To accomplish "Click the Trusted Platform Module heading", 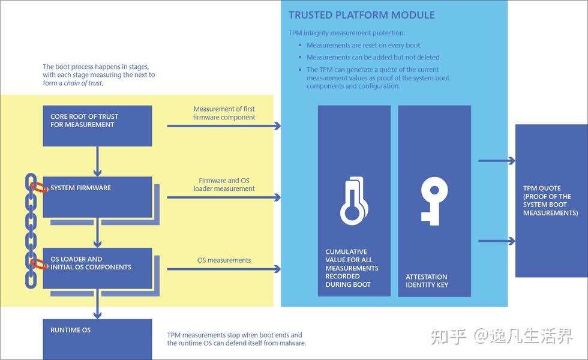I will tap(361, 15).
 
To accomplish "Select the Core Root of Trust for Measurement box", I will tap(97, 125).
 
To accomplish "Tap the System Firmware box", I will tap(97, 196).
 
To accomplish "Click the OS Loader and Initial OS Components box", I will tap(97, 268).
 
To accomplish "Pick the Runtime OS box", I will tap(97, 339).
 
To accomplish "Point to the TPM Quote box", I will tap(551, 200).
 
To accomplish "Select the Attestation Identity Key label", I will tap(427, 281).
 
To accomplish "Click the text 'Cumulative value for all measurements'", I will tap(352, 260).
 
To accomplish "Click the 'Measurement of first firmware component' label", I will tap(224, 113).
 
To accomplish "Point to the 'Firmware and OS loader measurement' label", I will tap(224, 184).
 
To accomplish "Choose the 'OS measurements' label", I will tap(224, 260).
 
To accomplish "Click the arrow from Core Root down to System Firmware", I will tap(97, 161).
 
